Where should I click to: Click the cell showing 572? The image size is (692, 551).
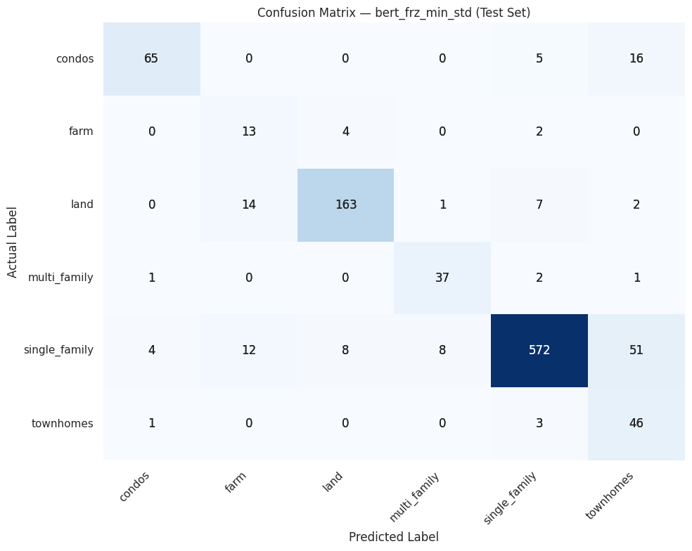tap(539, 350)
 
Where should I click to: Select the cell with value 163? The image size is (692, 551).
tap(345, 205)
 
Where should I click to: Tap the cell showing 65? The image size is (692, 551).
tap(151, 58)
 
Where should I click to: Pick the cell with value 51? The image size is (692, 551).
tap(636, 350)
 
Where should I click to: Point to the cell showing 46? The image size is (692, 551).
tap(636, 423)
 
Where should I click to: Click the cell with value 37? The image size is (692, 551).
tap(442, 278)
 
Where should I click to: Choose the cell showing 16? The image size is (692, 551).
tap(636, 58)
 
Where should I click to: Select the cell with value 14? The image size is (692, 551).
tap(248, 205)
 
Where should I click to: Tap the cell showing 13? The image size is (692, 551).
tap(248, 131)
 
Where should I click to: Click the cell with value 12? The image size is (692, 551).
tap(248, 350)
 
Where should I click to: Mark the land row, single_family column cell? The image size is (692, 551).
tap(539, 205)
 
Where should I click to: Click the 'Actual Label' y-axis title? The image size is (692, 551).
tap(13, 241)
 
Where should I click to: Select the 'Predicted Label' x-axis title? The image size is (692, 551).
tap(394, 537)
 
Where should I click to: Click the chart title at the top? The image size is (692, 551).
tap(394, 13)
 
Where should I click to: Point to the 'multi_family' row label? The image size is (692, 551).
tap(60, 278)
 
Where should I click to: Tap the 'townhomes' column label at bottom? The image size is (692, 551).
tap(610, 496)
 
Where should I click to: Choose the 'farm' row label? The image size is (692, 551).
tap(81, 131)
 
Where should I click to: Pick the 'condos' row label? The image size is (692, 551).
tap(75, 58)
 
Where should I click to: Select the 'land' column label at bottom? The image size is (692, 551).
tap(333, 480)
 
